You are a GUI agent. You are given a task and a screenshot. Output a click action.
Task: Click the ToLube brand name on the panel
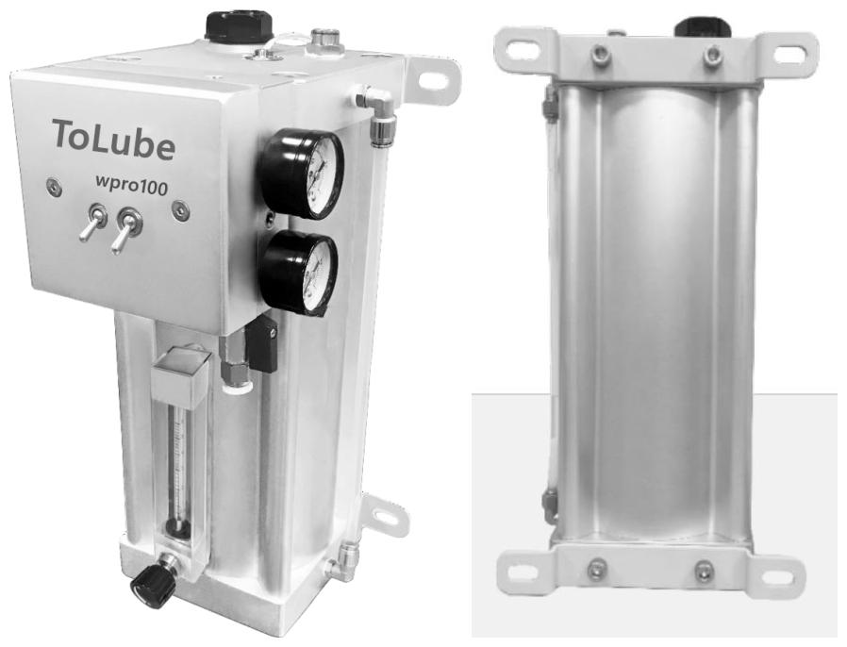tap(114, 139)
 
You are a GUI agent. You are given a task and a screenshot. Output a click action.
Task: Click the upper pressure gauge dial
tap(302, 174)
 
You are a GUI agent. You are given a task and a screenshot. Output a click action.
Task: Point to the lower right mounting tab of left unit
tap(387, 517)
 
